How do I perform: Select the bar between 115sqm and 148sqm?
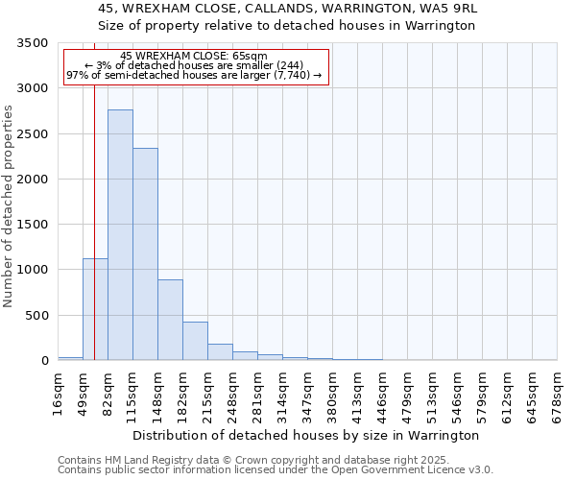click(145, 254)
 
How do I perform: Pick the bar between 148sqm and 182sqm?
click(170, 320)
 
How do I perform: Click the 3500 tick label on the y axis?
click(33, 43)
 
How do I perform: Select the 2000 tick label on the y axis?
click(33, 180)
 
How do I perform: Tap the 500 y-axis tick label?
click(36, 316)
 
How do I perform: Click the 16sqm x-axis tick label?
click(59, 392)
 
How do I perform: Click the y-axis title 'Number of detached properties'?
click(9, 207)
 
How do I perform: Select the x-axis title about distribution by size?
click(305, 435)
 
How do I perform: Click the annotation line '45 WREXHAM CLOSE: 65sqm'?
click(194, 57)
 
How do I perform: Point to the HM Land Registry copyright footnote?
click(253, 461)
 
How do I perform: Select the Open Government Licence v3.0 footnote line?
click(276, 470)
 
